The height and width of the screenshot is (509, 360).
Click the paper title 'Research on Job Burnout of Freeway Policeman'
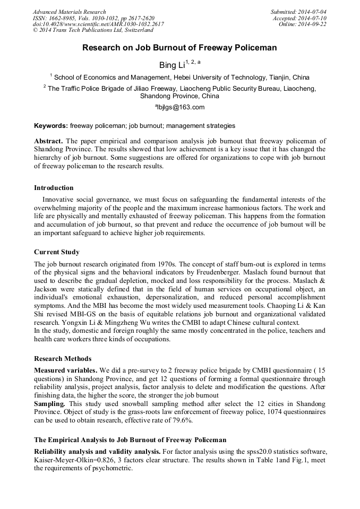coord(179,48)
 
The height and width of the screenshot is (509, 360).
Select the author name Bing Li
coord(172,65)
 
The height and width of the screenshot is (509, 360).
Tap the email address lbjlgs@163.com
coord(179,107)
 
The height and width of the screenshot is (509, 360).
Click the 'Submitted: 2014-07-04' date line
coord(298,12)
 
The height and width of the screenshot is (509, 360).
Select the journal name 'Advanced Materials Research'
coord(70,12)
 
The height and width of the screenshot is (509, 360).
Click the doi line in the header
coord(98,24)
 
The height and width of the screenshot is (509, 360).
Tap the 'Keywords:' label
coord(51,126)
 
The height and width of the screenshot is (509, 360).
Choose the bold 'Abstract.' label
coord(49,141)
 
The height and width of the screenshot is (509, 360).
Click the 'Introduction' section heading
coord(54,188)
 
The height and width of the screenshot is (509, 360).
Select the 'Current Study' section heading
coord(57,252)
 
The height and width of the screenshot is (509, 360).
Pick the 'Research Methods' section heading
coord(63,359)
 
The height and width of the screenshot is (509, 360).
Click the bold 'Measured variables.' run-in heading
coord(66,369)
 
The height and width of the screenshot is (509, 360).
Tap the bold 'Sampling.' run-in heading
coord(49,404)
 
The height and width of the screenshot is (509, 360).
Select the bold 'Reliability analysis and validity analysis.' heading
coord(97,451)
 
